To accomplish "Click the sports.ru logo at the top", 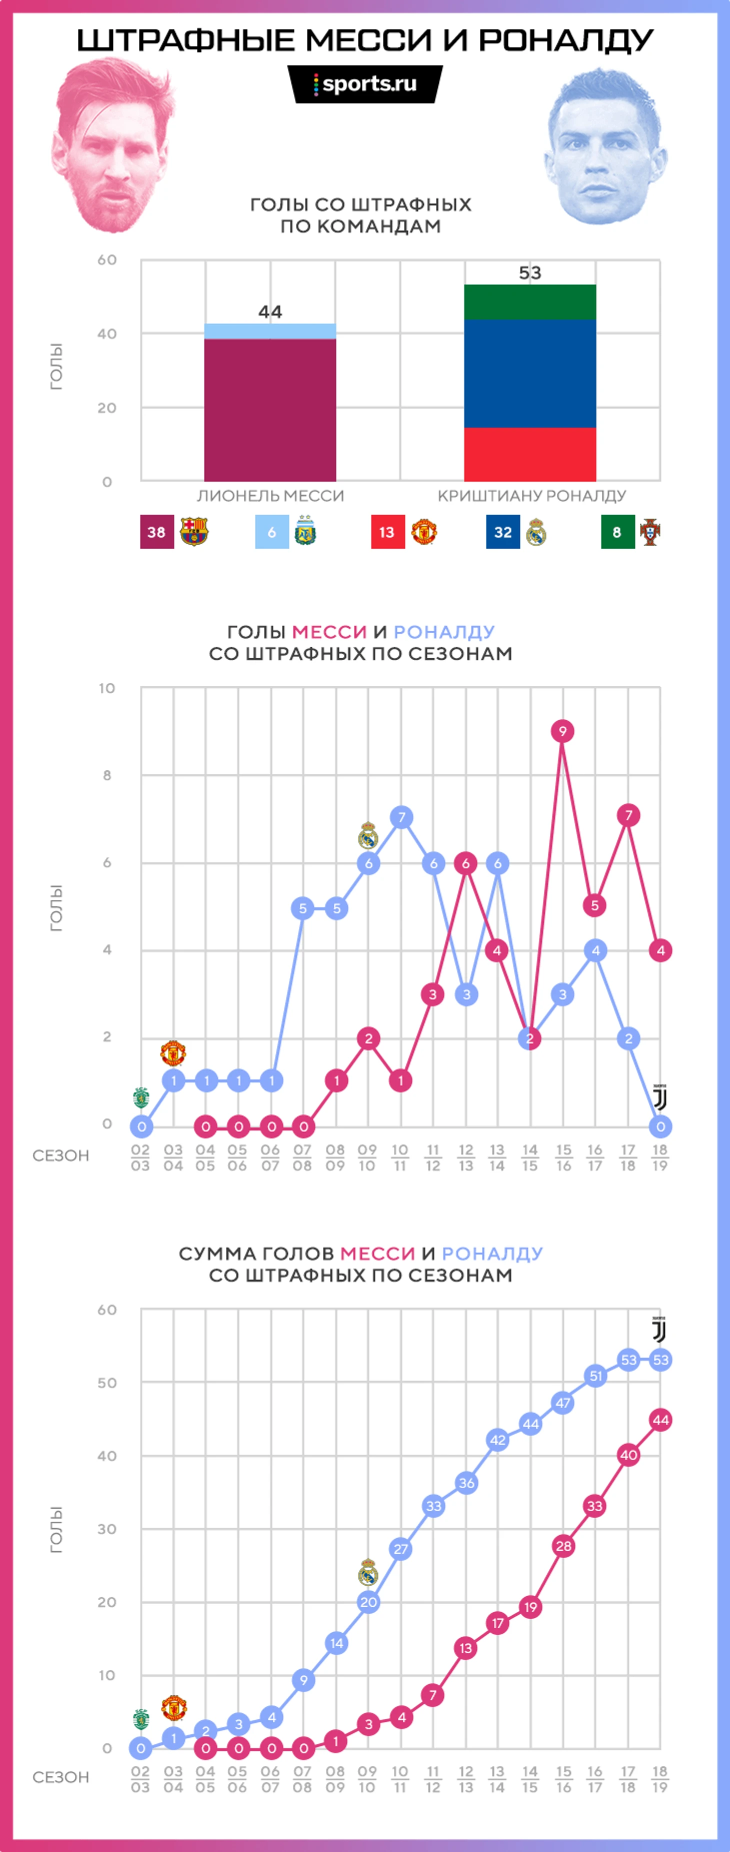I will point(365,84).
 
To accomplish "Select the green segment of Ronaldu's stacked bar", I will point(529,302).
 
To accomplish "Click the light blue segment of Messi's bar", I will point(270,331).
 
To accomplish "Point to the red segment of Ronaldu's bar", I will point(529,454).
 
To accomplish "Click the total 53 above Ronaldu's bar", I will point(529,273).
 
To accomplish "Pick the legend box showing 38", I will point(156,532).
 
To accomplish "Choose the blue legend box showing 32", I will point(503,532).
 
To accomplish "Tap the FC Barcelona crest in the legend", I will point(194,532).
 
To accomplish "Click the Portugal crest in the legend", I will point(650,532).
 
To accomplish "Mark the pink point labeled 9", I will point(562,731).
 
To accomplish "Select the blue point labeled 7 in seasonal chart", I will point(401,817).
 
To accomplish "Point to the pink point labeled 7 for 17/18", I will point(628,815).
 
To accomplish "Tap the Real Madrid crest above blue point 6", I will point(368,835).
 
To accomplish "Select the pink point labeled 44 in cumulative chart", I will point(660,1420).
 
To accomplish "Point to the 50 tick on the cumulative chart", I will point(107,1382).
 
